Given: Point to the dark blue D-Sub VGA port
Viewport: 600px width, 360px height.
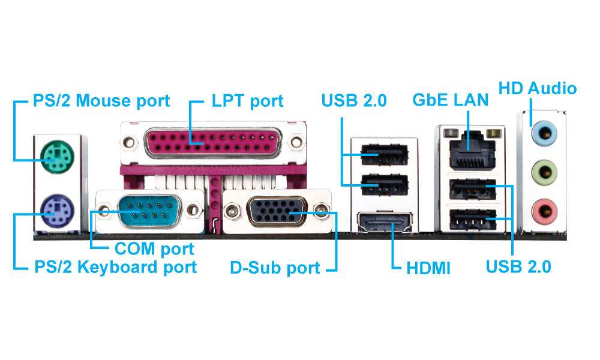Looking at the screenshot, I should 274,211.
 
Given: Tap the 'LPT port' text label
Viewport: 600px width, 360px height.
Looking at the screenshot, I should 247,100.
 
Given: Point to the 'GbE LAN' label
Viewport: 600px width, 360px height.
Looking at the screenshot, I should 450,100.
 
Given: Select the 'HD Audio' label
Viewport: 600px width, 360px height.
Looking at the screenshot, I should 538,89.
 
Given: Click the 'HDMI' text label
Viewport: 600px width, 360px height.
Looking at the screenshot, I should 428,268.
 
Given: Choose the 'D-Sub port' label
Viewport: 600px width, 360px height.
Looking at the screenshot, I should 275,268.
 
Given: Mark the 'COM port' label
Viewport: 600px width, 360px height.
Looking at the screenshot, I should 154,248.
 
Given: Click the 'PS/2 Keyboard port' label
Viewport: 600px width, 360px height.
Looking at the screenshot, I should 115,267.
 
